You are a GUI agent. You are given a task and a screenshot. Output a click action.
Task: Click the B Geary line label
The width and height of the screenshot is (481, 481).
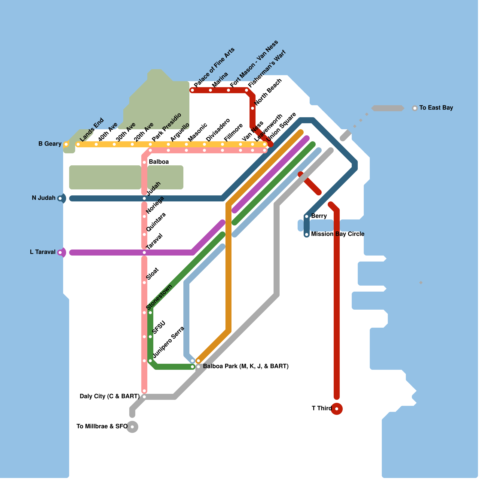pyautogui.click(x=50, y=144)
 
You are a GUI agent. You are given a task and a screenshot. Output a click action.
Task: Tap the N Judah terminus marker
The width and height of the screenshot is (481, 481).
pyautogui.click(x=60, y=198)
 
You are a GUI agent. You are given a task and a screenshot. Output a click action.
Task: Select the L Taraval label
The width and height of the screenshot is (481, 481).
pyautogui.click(x=43, y=252)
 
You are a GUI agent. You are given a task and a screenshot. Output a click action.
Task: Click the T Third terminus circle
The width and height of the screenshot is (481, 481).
pyautogui.click(x=337, y=409)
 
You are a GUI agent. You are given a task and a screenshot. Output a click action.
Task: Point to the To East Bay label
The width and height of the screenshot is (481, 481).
pyautogui.click(x=436, y=108)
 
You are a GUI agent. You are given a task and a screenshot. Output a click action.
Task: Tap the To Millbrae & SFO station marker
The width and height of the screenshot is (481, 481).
pyautogui.click(x=132, y=427)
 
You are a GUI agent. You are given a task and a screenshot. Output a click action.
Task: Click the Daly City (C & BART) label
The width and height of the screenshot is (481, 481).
pyautogui.click(x=109, y=396)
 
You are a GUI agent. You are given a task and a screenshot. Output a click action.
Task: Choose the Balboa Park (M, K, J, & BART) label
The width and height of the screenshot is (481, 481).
pyautogui.click(x=246, y=366)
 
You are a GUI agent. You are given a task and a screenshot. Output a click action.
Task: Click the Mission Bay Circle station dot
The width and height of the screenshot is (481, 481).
pyautogui.click(x=307, y=234)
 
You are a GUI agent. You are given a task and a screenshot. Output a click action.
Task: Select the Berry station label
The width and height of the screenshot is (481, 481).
pyautogui.click(x=319, y=216)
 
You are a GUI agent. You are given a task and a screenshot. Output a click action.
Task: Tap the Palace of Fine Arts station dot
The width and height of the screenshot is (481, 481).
pyautogui.click(x=192, y=90)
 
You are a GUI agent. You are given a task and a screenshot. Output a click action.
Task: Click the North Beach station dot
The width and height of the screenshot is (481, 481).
pyautogui.click(x=253, y=108)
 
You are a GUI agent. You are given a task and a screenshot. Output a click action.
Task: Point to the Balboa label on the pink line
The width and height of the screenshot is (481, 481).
pyautogui.click(x=159, y=162)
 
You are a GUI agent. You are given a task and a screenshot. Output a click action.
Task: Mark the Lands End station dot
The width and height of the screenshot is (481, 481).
pyautogui.click(x=78, y=144)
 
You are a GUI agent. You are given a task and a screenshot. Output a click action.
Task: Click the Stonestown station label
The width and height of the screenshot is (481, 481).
pyautogui.click(x=159, y=297)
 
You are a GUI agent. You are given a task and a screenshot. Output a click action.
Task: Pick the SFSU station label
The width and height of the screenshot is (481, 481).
pyautogui.click(x=159, y=327)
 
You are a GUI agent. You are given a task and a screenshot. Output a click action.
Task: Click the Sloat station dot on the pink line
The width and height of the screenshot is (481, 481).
pyautogui.click(x=144, y=283)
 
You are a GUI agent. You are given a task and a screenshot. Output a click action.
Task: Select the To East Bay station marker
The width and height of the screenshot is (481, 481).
pyautogui.click(x=415, y=108)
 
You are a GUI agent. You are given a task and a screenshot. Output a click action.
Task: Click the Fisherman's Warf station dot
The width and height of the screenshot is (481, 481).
pyautogui.click(x=247, y=90)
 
